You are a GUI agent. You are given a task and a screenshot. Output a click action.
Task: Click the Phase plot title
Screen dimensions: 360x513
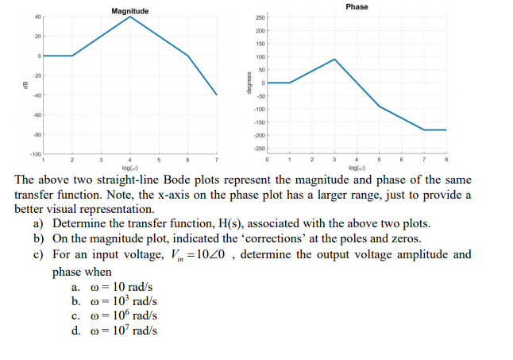(357, 6)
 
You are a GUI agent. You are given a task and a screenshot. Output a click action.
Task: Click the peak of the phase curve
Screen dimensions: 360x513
(335, 60)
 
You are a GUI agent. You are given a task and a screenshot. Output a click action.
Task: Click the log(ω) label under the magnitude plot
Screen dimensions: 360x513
(130, 168)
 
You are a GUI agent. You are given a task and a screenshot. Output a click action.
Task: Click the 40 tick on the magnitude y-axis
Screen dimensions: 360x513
(37, 17)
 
